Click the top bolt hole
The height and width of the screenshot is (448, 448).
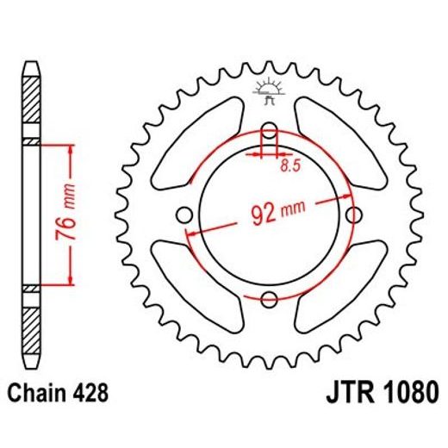click(269, 131)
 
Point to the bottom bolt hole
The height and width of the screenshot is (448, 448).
click(269, 298)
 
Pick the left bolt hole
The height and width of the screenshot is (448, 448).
click(184, 215)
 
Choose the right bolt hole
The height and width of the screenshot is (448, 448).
click(353, 214)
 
